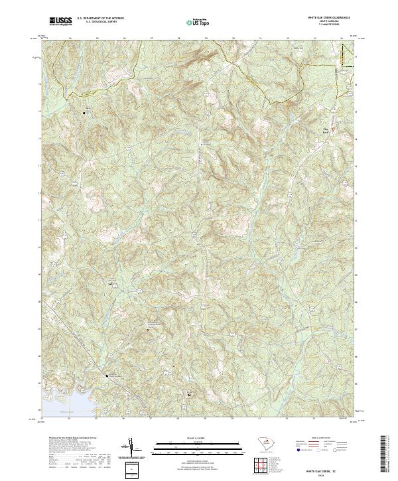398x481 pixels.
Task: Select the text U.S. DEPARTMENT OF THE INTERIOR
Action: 100,19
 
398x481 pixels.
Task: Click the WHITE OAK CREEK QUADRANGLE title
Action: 326,19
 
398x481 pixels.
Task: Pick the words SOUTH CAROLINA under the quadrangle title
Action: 326,22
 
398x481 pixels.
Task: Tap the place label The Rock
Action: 325,130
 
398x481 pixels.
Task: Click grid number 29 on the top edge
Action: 206,38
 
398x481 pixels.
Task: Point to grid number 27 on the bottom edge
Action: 151,419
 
